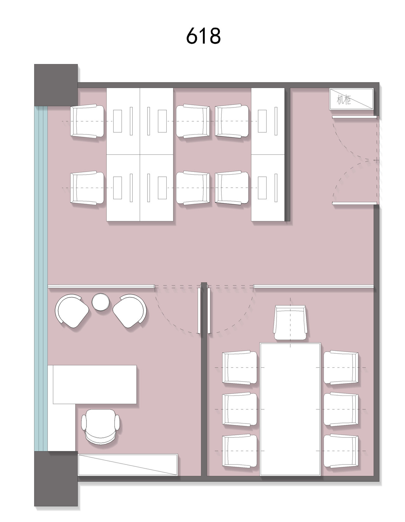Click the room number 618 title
pyautogui.click(x=203, y=36)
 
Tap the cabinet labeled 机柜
pyautogui.click(x=351, y=99)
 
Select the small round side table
pyautogui.click(x=100, y=302)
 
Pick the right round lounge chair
pyautogui.click(x=129, y=311)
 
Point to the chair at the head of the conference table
pyautogui.click(x=291, y=323)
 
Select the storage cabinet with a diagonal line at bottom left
pyautogui.click(x=128, y=465)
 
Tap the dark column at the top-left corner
pyautogui.click(x=56, y=85)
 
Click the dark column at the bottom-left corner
pyautogui.click(x=56, y=479)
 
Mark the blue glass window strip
pyautogui.click(x=41, y=278)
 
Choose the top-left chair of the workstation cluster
pyautogui.click(x=87, y=121)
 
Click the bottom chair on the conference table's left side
pyautogui.click(x=240, y=451)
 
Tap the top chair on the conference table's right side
pyautogui.click(x=341, y=367)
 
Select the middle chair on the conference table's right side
pyautogui.click(x=341, y=409)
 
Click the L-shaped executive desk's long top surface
pyautogui.click(x=95, y=384)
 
